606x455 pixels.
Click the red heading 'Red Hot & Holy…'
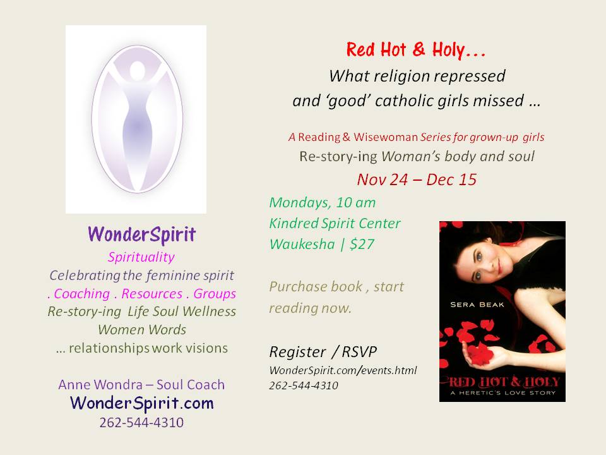tap(416, 50)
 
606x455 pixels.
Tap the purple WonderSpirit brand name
tap(142, 234)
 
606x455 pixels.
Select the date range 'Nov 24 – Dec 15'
tap(417, 179)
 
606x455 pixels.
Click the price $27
tap(362, 244)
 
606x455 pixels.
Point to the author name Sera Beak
tap(477, 305)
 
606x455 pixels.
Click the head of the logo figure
tap(137, 71)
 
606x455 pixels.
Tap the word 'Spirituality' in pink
tap(141, 257)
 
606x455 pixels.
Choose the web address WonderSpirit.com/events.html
tap(343, 370)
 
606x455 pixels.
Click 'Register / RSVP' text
tap(323, 352)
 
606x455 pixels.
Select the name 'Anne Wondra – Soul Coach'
tap(141, 385)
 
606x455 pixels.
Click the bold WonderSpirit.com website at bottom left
tap(142, 403)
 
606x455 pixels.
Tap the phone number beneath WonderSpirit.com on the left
tap(141, 423)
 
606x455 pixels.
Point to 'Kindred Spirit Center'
tap(335, 224)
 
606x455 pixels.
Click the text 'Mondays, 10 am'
tap(323, 203)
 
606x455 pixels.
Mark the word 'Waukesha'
tap(302, 244)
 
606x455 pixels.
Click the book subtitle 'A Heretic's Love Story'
tap(503, 392)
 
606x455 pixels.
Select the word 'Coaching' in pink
tap(82, 294)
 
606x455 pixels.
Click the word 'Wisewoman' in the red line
tap(386, 137)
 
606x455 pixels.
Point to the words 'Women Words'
tap(142, 330)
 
